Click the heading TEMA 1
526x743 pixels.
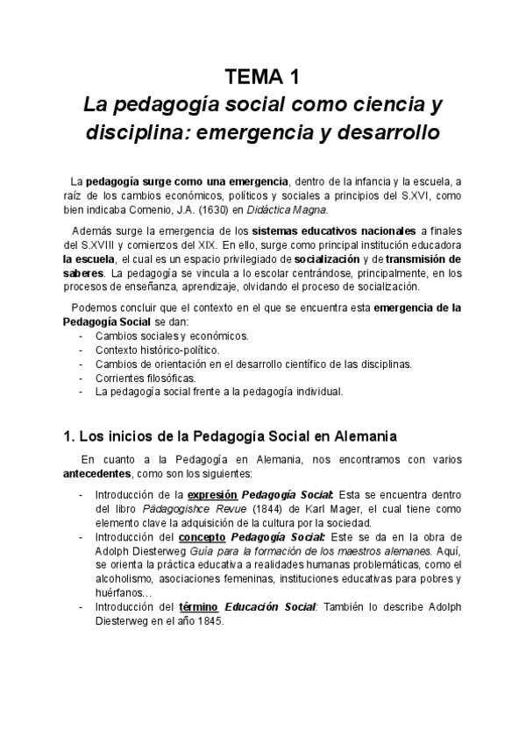(262, 75)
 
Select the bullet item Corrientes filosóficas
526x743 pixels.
(141, 378)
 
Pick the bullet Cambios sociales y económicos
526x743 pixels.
(174, 336)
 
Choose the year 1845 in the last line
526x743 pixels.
(210, 621)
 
